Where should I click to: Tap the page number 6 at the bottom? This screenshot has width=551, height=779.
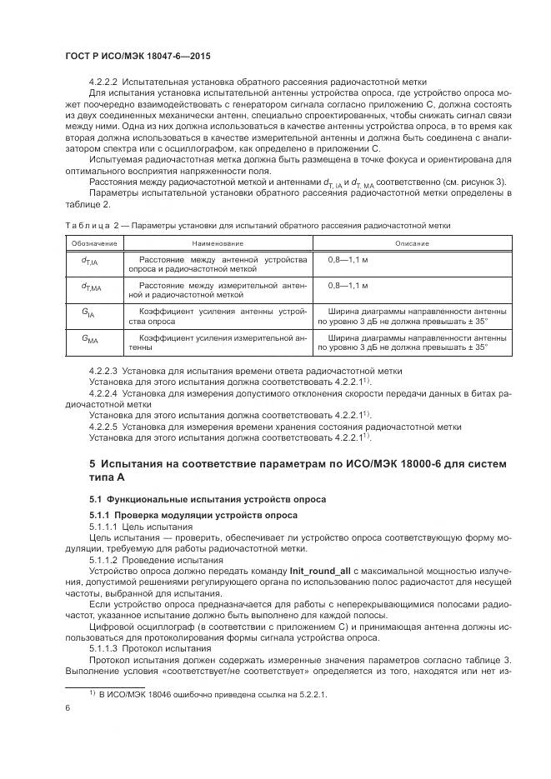point(67,708)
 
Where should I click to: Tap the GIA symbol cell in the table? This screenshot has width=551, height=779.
point(88,315)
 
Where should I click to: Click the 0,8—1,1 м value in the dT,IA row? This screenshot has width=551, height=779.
point(348,259)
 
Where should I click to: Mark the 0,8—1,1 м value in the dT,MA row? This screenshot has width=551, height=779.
point(348,285)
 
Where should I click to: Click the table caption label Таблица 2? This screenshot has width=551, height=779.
point(92,225)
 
